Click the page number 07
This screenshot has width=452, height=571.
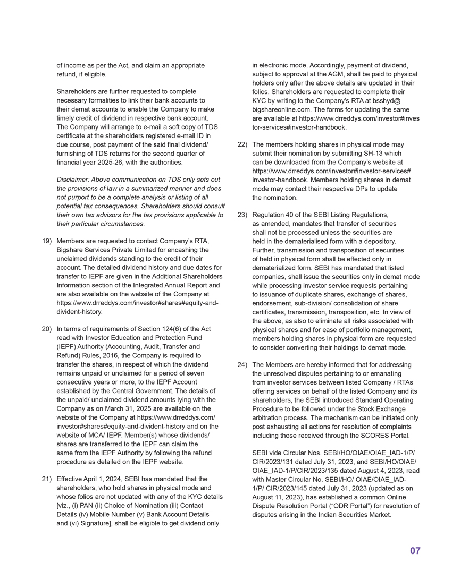tap(415, 551)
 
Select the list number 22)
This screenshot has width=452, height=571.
tap(242, 144)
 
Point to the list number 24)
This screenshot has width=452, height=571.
tap(242, 365)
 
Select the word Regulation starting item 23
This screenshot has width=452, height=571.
tap(269, 215)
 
